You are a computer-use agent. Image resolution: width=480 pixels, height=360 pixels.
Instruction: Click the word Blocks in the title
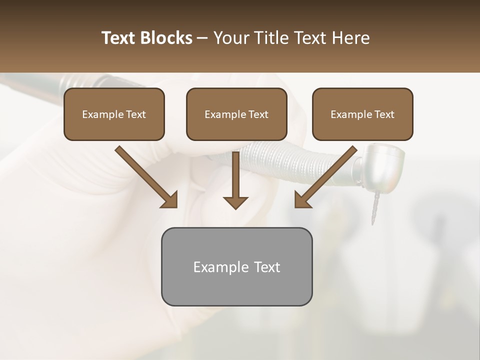(x=167, y=38)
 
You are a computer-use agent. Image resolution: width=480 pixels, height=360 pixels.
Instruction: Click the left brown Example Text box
(x=114, y=114)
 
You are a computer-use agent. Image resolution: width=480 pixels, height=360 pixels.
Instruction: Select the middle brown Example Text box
(x=236, y=114)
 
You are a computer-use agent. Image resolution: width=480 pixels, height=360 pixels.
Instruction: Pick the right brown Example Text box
(x=362, y=114)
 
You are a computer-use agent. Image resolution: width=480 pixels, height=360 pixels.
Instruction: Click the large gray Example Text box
(x=236, y=266)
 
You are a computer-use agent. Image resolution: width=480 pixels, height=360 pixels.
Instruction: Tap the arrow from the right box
(x=327, y=175)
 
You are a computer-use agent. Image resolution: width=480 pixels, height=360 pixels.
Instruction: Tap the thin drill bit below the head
(x=373, y=210)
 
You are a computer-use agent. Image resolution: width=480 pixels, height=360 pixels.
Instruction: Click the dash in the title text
(x=202, y=38)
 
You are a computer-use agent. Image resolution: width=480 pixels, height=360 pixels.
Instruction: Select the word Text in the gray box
(x=267, y=267)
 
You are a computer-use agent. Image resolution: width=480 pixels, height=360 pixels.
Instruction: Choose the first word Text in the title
(x=119, y=38)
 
